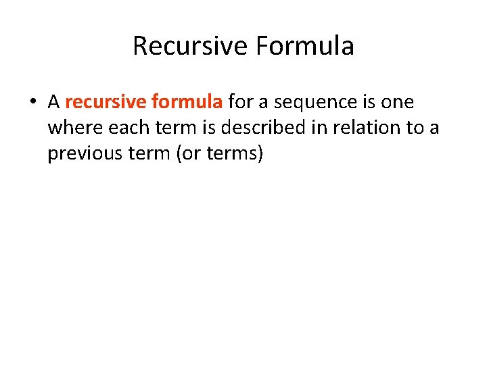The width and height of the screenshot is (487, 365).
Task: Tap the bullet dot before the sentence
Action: point(32,103)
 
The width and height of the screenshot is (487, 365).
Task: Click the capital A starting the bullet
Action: point(53,102)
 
